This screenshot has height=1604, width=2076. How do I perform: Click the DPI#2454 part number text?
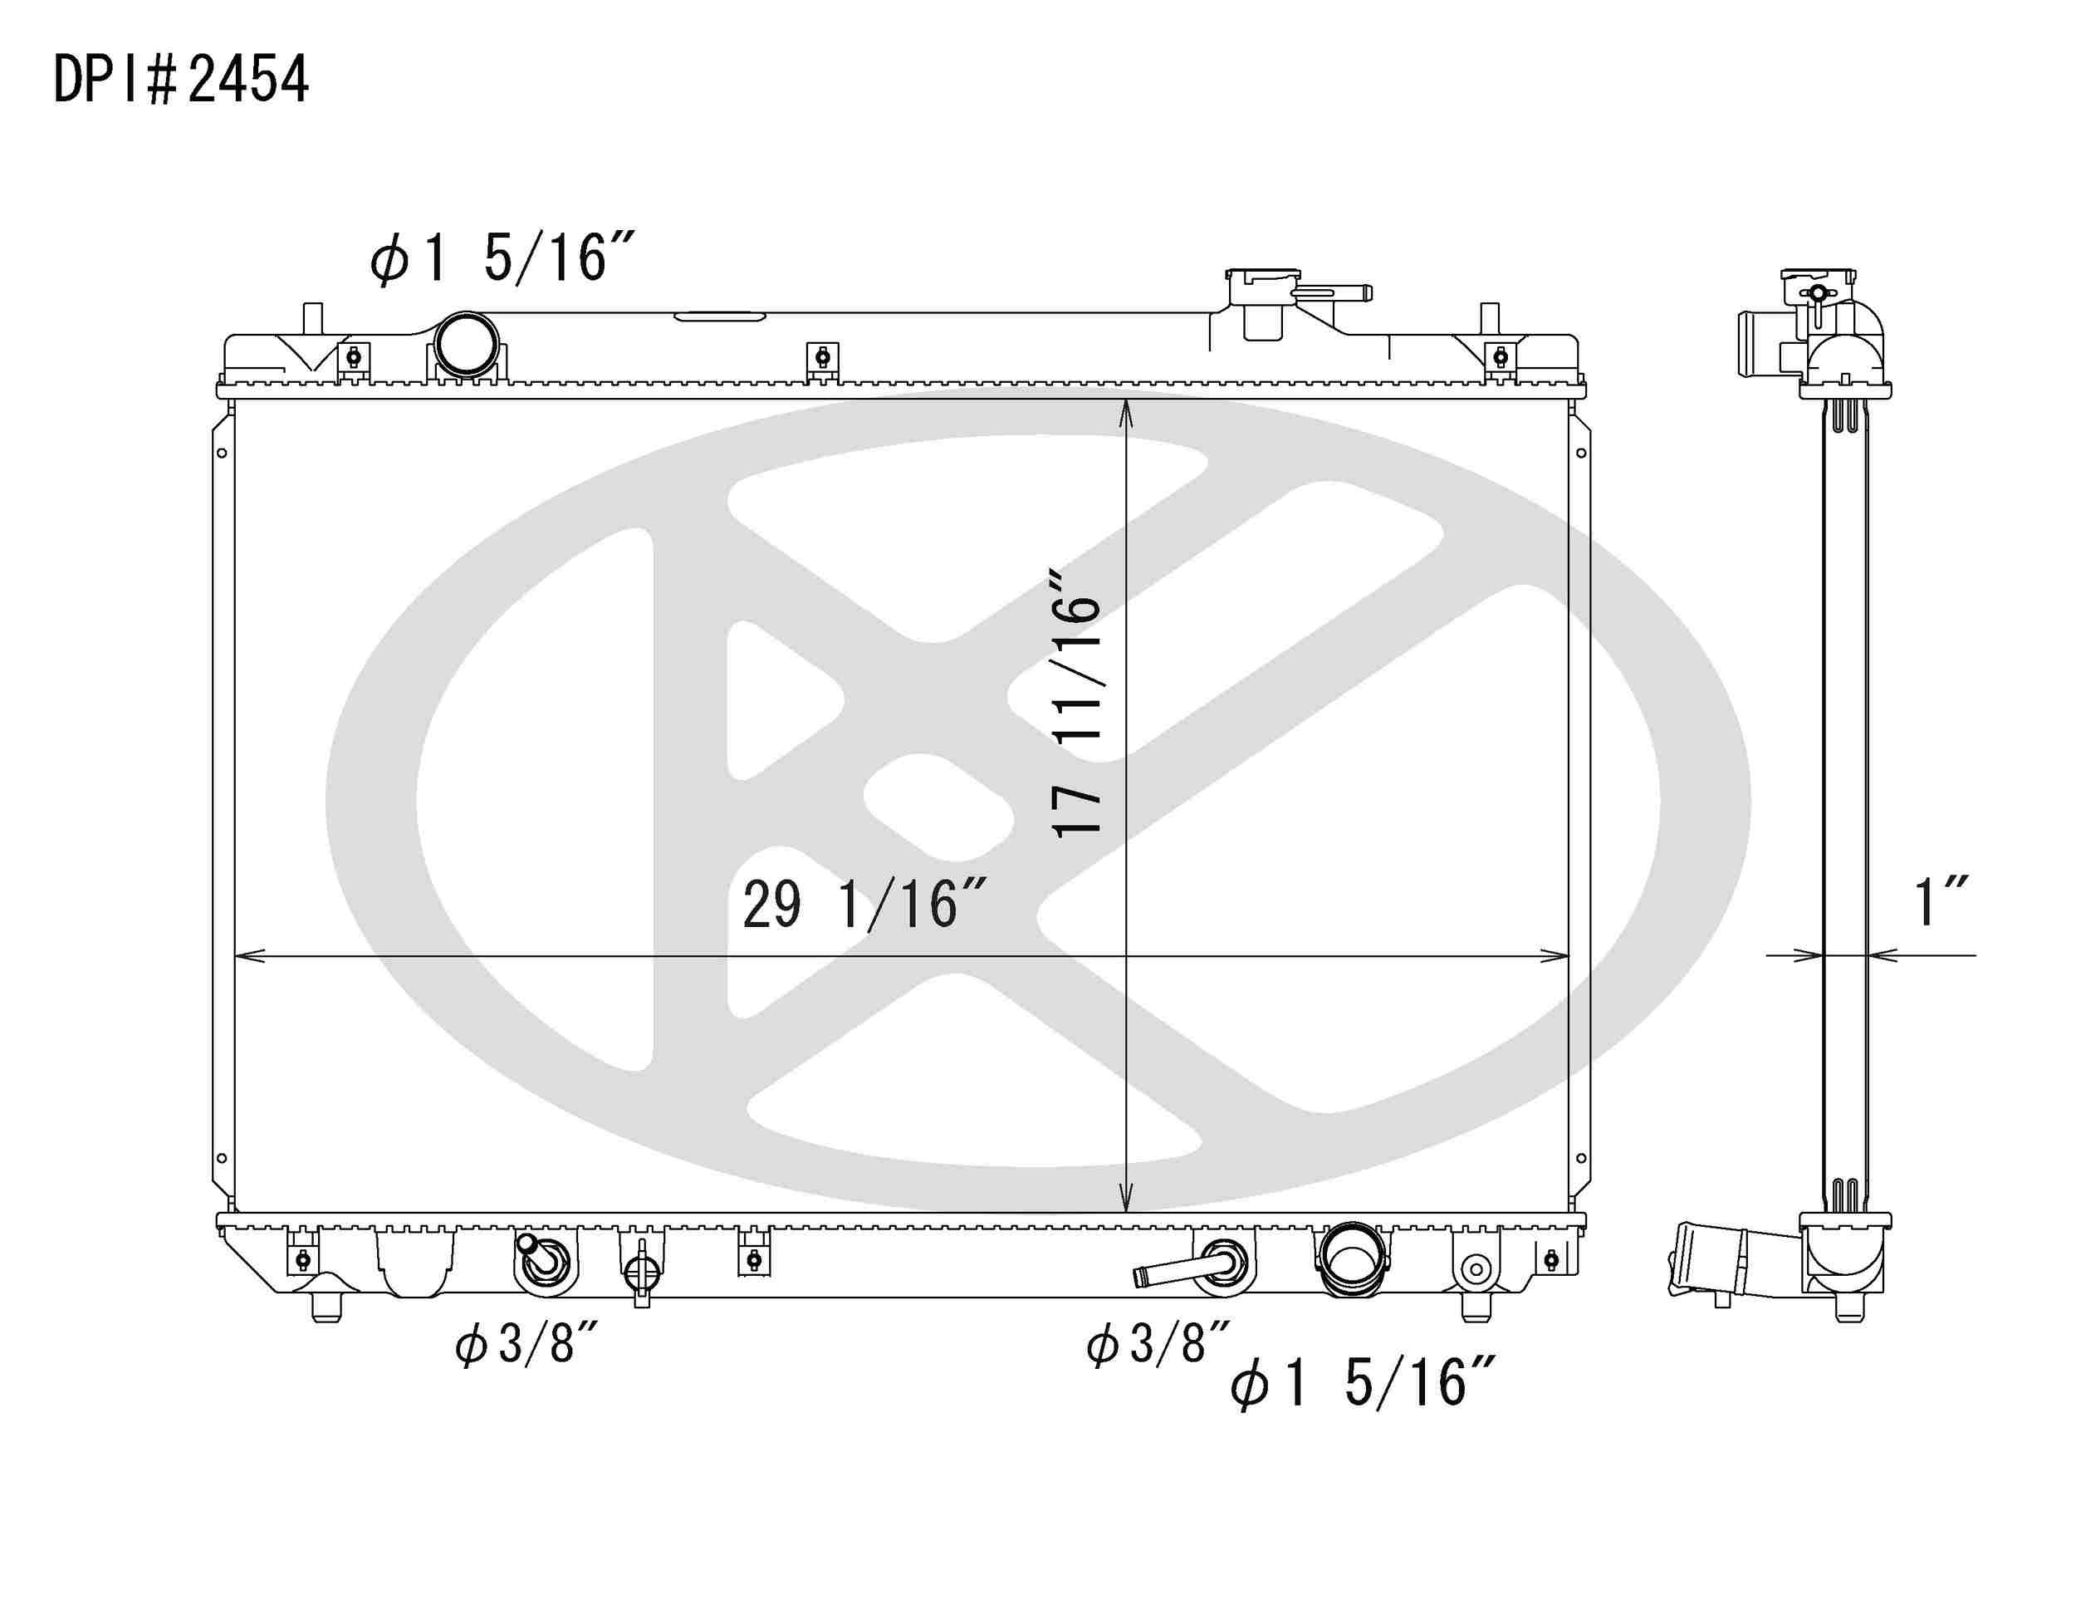point(180,79)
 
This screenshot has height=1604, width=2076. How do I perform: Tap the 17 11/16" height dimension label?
point(1076,704)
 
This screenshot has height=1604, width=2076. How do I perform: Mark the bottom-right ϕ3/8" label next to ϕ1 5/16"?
point(1158,1343)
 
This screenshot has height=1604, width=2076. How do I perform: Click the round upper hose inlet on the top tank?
point(466,343)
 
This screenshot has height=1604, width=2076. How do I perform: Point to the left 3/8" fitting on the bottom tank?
point(543,1263)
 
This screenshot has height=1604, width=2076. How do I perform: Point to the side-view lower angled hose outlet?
point(1711,1261)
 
